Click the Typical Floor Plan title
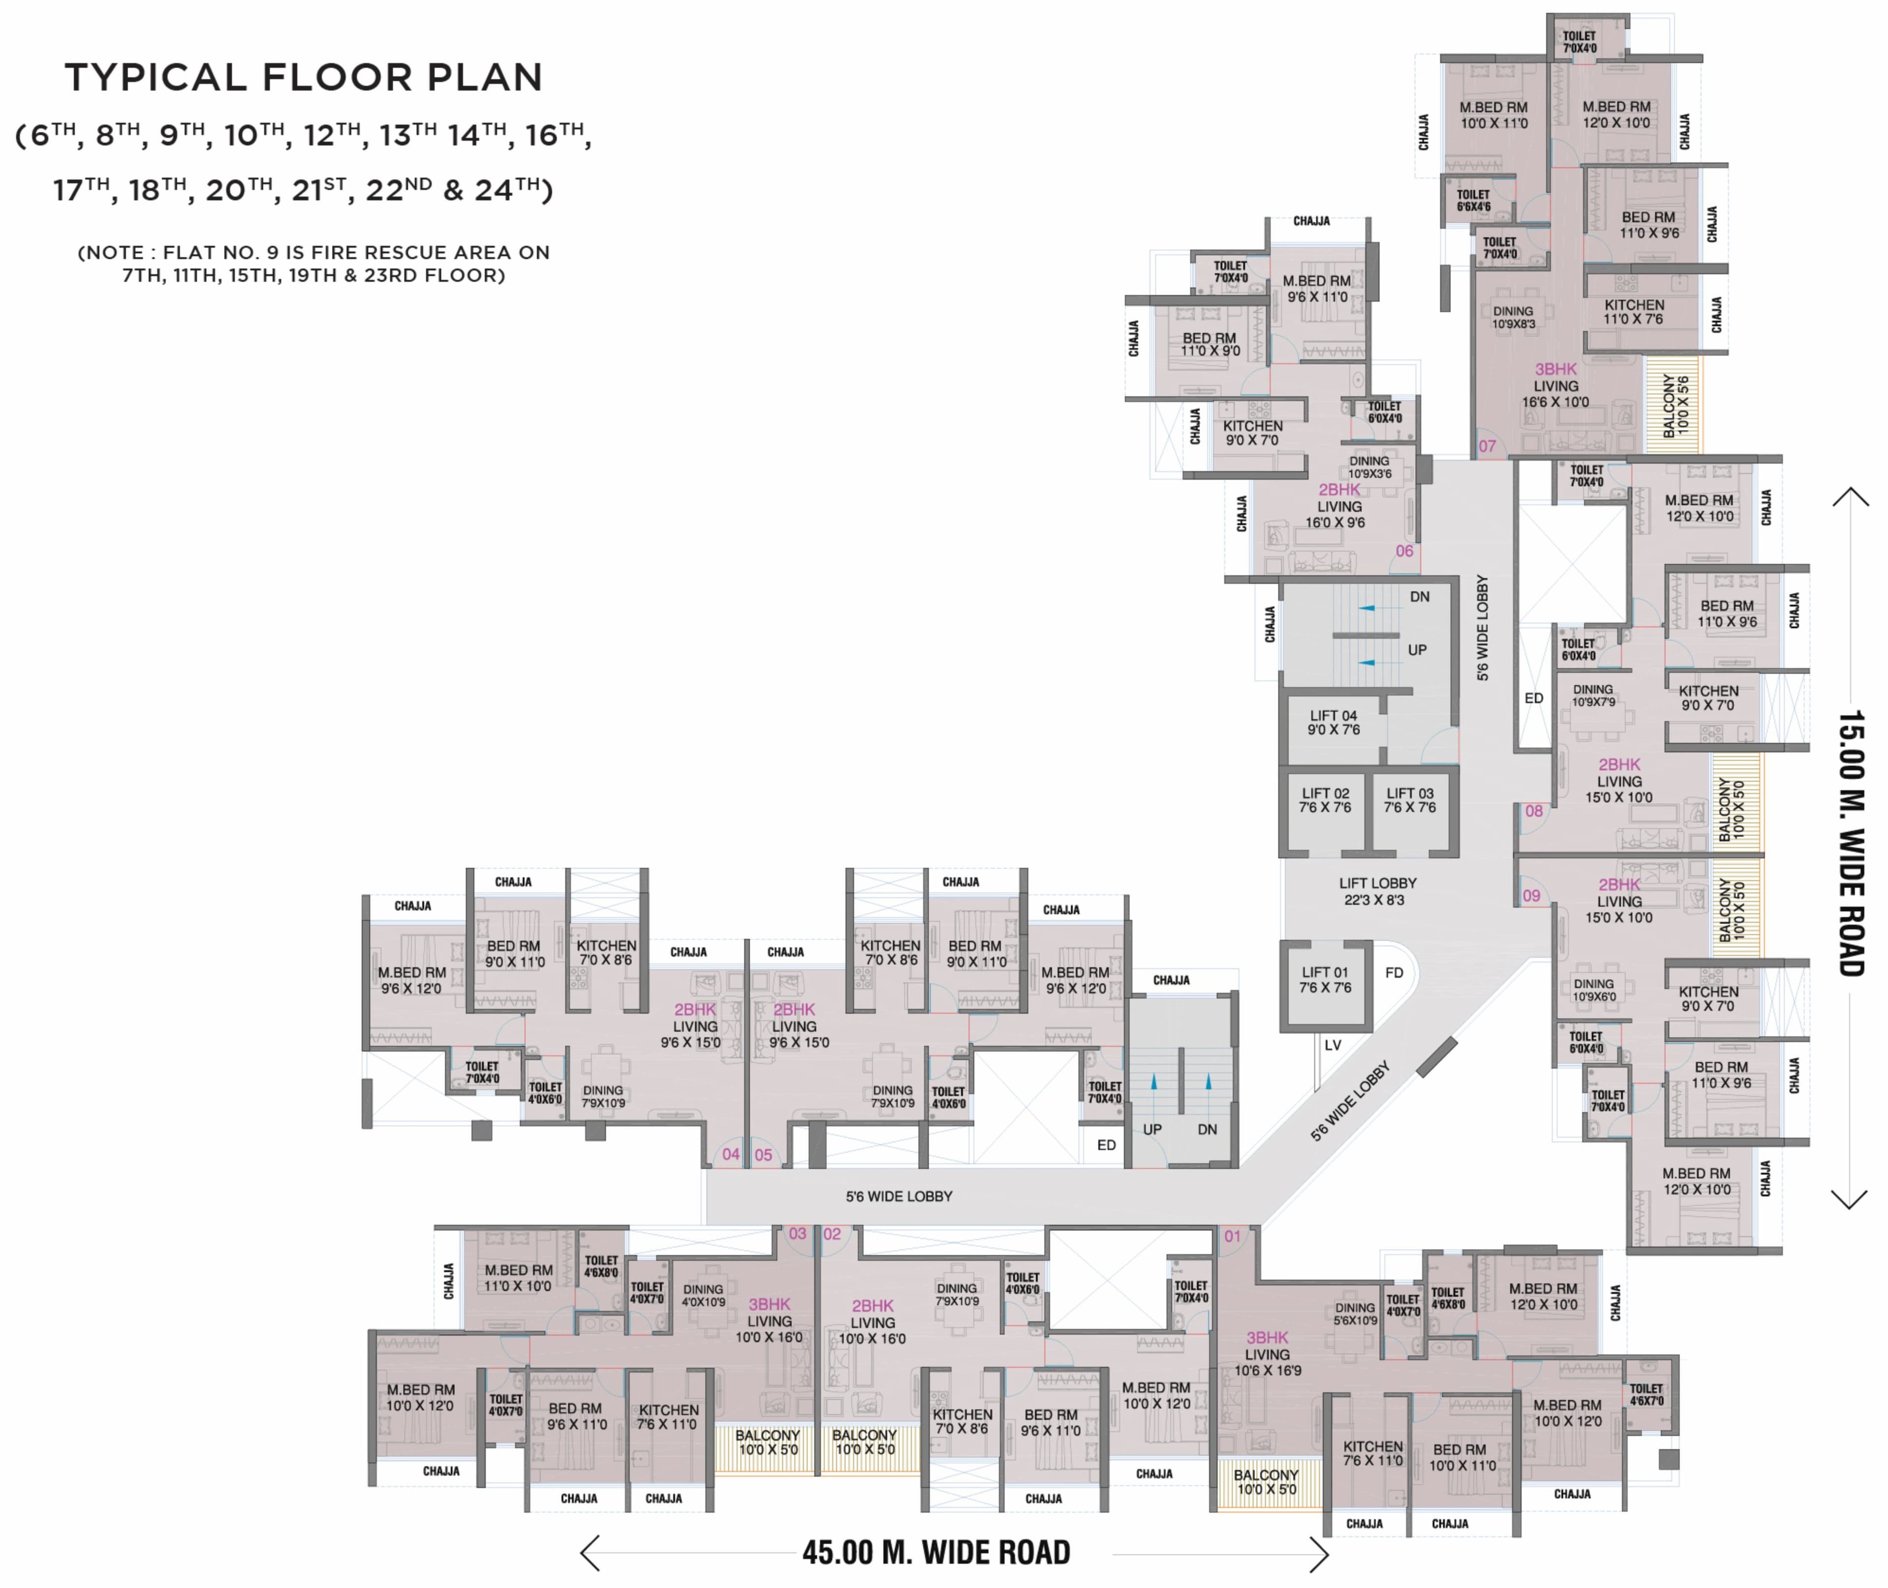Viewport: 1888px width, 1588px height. point(303,77)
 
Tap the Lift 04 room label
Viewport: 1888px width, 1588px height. point(1333,723)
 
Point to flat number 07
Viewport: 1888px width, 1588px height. point(1487,445)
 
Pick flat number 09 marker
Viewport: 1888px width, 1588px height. point(1532,896)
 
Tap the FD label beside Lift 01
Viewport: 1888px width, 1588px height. point(1394,973)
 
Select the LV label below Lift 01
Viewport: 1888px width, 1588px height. point(1332,1045)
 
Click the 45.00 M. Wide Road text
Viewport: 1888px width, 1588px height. point(936,1552)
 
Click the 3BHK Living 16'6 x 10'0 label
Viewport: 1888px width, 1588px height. point(1556,385)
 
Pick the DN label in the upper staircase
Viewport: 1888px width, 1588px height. point(1420,597)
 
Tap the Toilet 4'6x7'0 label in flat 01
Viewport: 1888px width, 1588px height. point(1646,1394)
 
